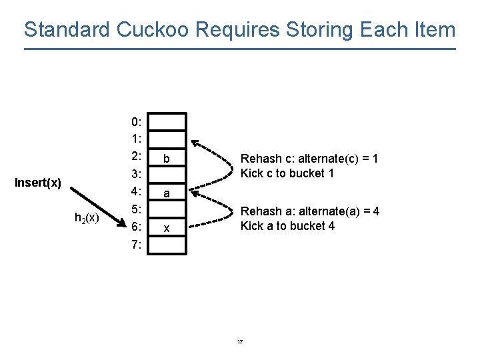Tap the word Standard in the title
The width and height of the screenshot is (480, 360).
point(67,29)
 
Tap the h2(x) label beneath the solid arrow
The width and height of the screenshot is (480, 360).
point(87,217)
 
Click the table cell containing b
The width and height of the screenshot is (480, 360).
point(167,159)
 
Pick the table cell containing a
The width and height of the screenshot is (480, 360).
point(167,193)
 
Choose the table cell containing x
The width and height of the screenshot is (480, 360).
point(167,228)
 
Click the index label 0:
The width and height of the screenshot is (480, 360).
point(136,122)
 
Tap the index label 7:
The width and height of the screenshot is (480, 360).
point(136,245)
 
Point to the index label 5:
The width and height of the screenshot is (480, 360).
point(136,210)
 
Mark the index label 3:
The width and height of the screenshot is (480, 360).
point(136,175)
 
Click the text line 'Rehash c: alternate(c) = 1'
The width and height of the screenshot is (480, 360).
point(309,159)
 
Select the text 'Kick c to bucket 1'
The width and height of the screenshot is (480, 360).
point(287,173)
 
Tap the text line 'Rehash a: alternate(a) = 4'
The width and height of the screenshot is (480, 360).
point(309,211)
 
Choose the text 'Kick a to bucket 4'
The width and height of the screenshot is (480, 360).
point(287,226)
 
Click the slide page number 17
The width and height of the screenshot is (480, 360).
point(240,342)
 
